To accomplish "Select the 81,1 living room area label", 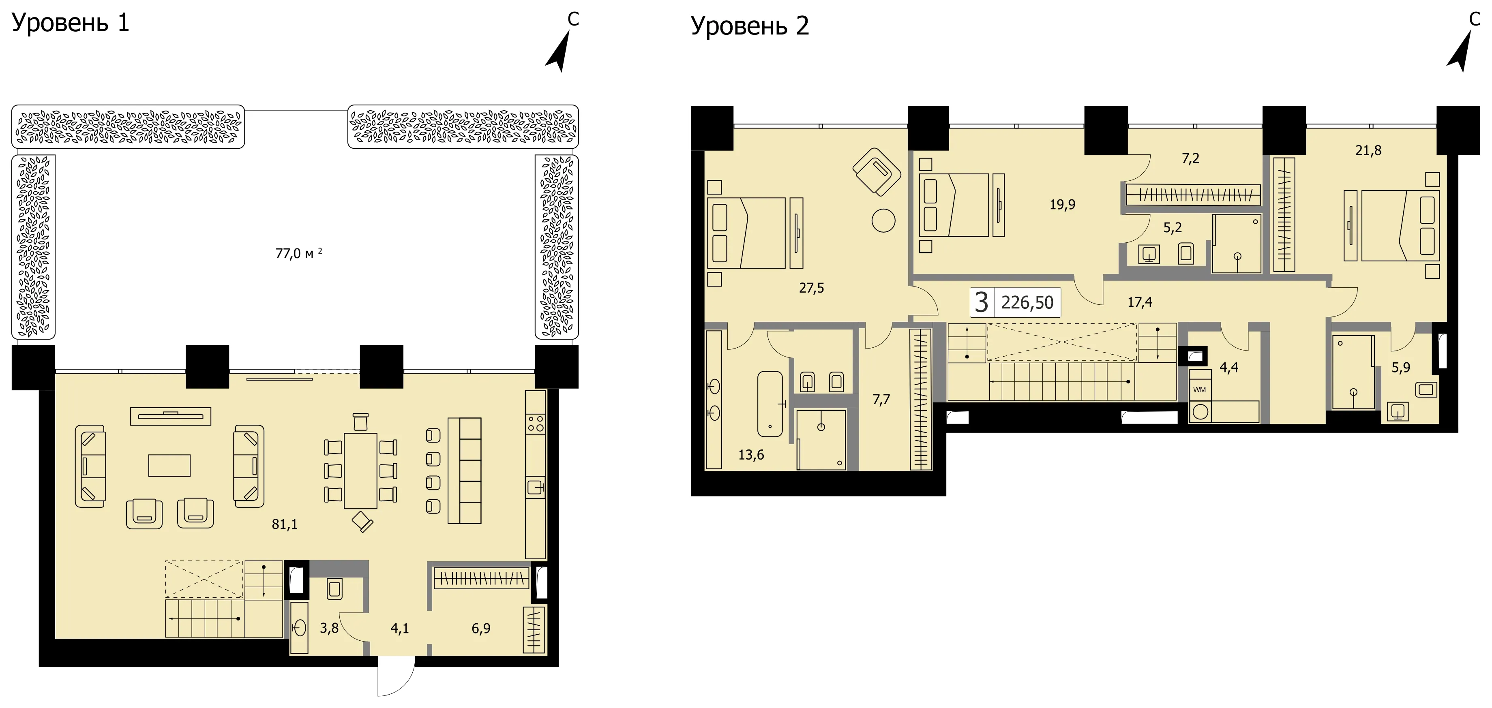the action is click(284, 524).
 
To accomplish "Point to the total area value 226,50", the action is click(1027, 303).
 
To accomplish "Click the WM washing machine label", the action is click(1200, 389).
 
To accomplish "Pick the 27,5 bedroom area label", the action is click(811, 288).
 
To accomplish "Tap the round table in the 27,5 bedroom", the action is click(883, 220).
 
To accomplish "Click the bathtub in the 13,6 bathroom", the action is click(770, 404).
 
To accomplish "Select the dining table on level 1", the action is click(360, 471).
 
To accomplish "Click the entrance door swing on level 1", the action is click(396, 676).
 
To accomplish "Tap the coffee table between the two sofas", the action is click(169, 465).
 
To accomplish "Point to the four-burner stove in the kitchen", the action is click(536, 424).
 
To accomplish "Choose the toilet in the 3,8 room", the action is click(335, 589).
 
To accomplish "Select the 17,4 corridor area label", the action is click(1140, 302).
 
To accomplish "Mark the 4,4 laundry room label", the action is click(1229, 368).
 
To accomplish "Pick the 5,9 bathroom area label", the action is click(1401, 368).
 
